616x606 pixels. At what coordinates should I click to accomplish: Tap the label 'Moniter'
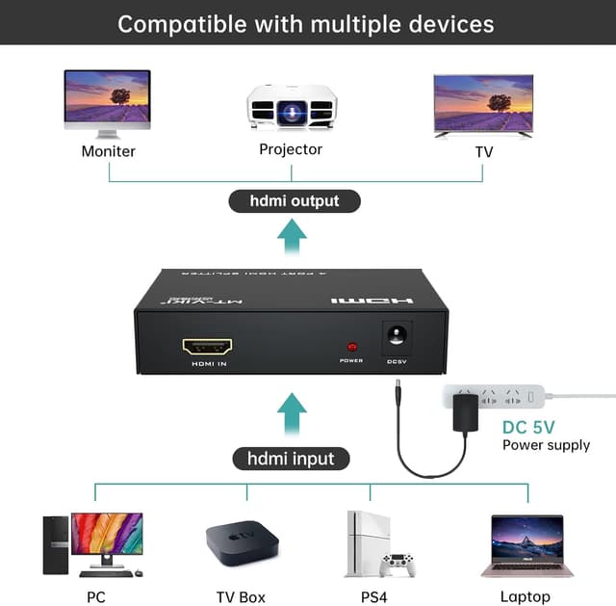coord(108,151)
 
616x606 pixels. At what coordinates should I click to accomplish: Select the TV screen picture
coord(482,103)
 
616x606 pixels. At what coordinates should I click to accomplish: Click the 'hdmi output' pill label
coord(295,201)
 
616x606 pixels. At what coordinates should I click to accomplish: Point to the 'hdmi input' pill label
coord(292,459)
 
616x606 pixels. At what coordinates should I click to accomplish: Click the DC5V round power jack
coord(397,339)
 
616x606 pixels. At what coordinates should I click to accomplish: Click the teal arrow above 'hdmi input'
coord(292,412)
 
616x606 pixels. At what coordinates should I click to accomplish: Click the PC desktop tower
coord(56,545)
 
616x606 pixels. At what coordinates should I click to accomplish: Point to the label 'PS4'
coord(374,596)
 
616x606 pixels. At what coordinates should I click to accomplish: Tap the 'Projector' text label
coord(291,149)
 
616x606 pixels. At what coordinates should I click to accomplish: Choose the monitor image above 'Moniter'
coord(108,99)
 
